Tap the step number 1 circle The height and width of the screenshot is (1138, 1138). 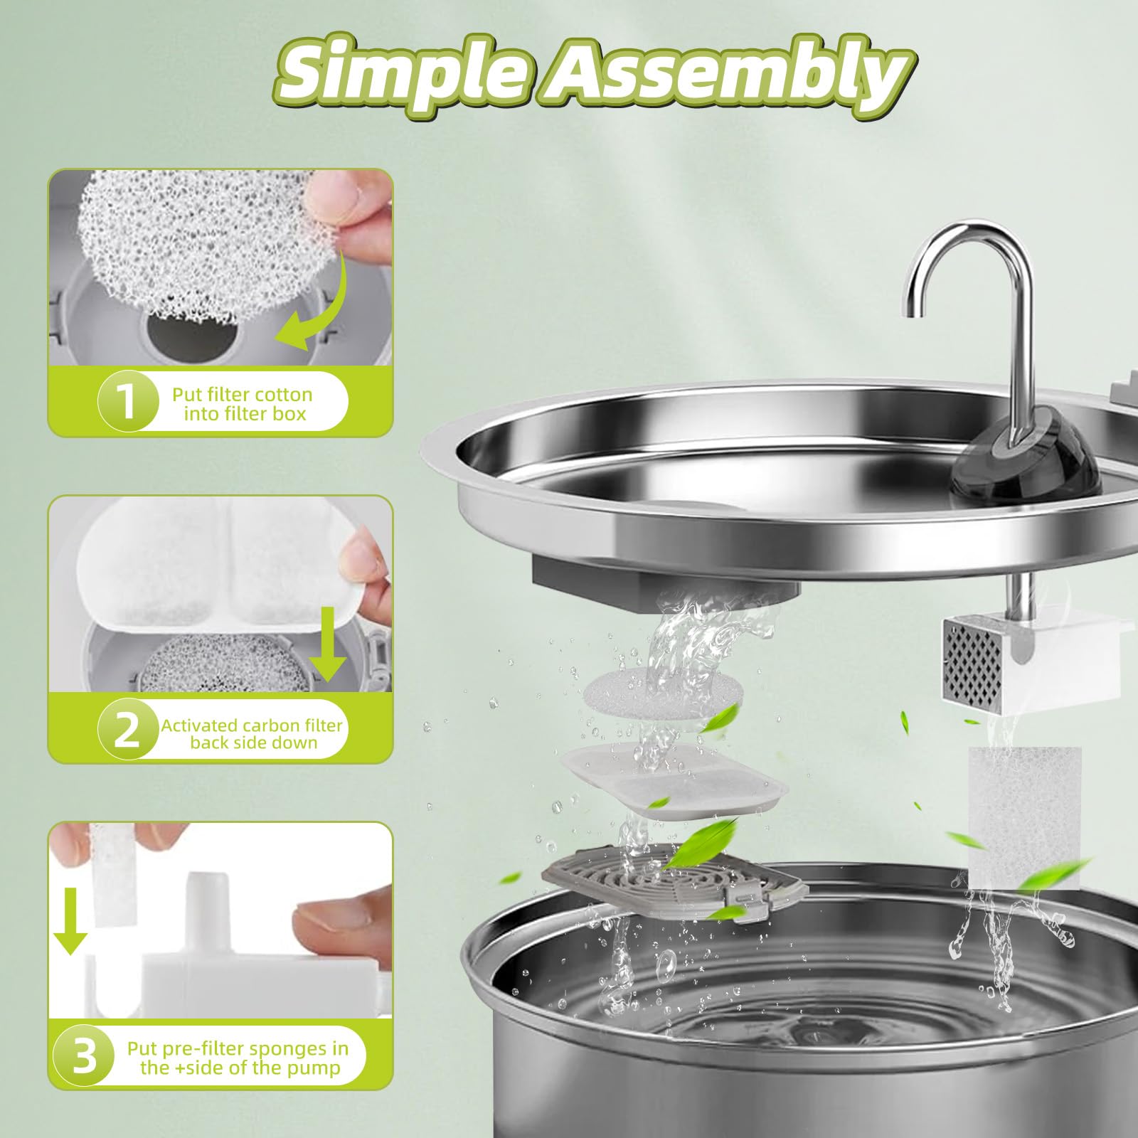tap(128, 402)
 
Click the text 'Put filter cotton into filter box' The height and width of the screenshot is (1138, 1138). tap(242, 404)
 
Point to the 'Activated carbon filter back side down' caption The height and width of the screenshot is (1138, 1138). tap(252, 733)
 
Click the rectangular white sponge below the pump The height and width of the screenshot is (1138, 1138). tap(1024, 818)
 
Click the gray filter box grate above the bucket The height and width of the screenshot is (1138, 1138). tap(672, 889)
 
